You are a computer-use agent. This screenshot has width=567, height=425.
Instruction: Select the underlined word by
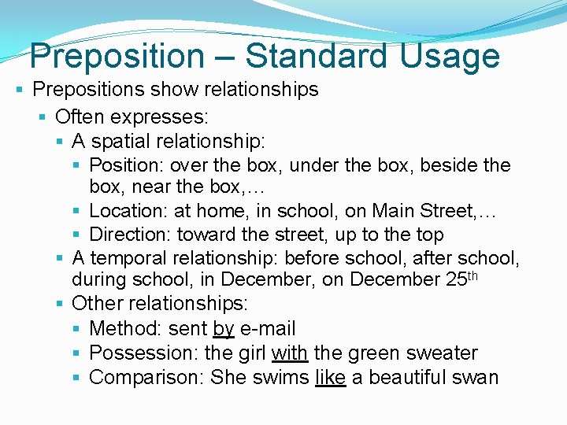(224, 329)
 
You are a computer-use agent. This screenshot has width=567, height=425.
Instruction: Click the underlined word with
(290, 353)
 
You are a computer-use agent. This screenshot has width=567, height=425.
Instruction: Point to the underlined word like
(330, 378)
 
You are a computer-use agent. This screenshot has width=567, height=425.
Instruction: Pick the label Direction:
(131, 235)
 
